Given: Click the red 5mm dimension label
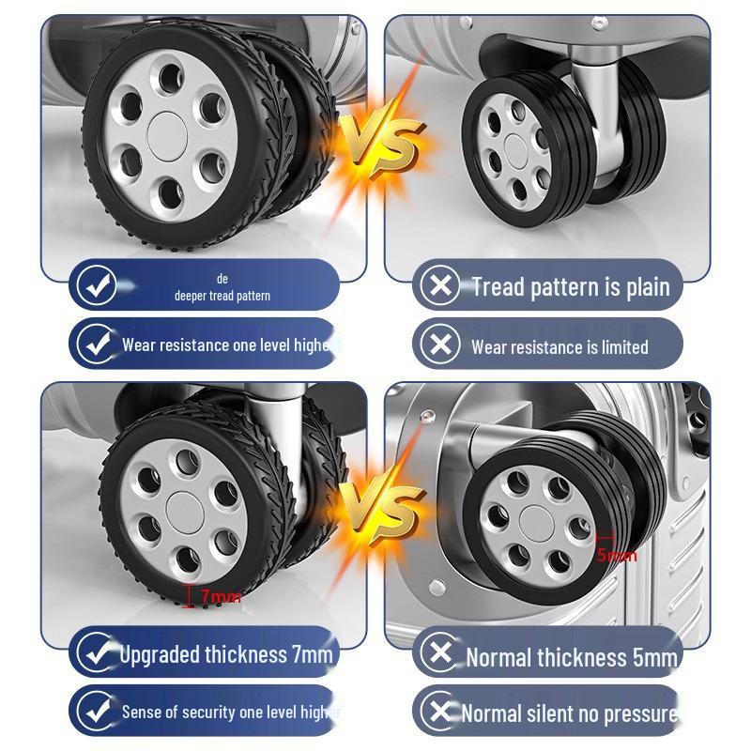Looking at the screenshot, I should (x=617, y=555).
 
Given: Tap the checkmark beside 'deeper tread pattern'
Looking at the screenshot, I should (x=97, y=286).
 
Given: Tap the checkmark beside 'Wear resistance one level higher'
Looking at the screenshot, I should (x=97, y=345).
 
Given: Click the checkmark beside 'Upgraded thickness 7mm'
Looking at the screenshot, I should (x=97, y=652).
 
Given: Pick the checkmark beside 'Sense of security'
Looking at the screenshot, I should (x=97, y=711).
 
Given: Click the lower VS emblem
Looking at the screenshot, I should (x=381, y=512).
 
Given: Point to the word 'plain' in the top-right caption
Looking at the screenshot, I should (x=648, y=286).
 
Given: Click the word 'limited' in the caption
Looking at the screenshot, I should (x=618, y=346).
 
